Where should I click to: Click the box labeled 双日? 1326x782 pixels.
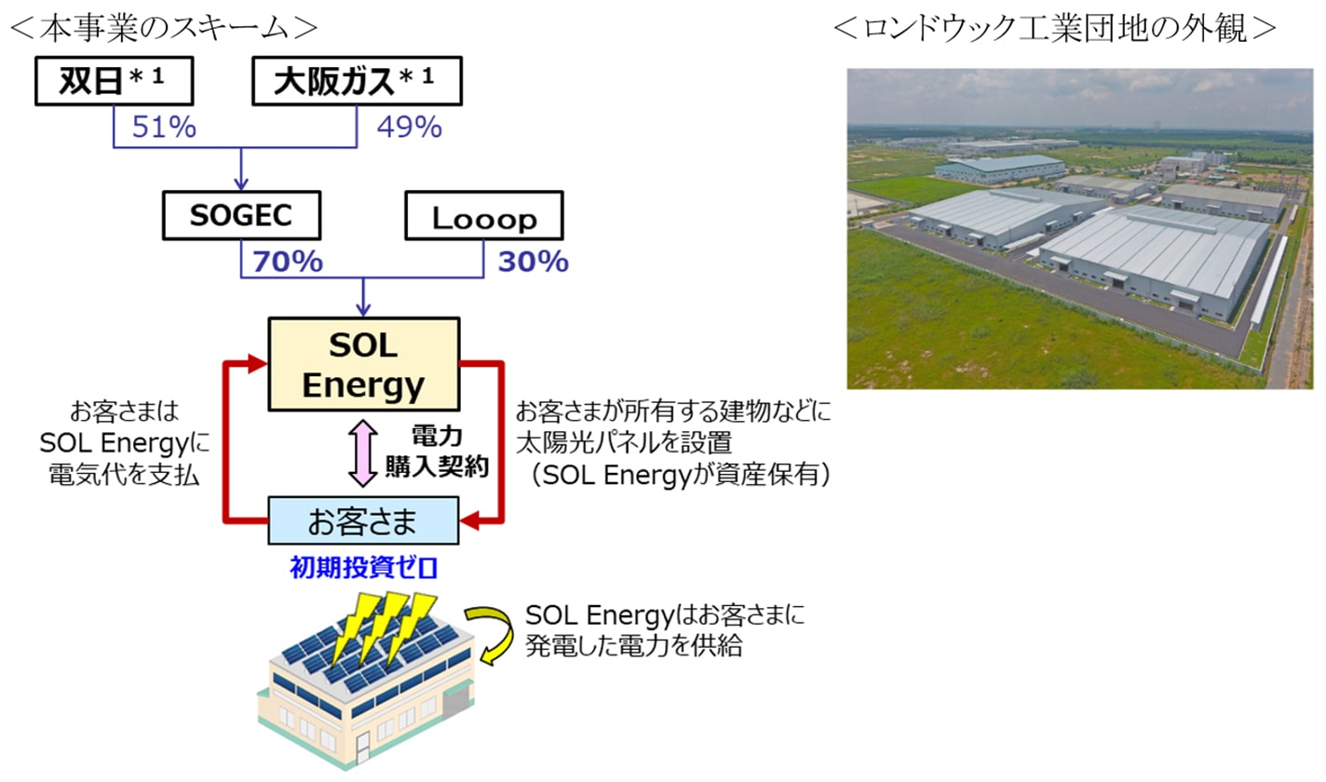click(115, 81)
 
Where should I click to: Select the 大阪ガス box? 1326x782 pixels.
click(357, 81)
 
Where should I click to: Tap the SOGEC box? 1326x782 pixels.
click(241, 215)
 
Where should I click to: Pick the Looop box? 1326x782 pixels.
click(484, 215)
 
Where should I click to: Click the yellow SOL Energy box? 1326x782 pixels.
click(364, 364)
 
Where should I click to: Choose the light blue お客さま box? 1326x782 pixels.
click(363, 520)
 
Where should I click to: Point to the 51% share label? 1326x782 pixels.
click(164, 128)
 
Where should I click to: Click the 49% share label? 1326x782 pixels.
click(410, 128)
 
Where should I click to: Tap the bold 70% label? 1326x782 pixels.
click(288, 262)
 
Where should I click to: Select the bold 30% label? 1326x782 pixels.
click(534, 262)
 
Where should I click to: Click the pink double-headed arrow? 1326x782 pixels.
click(363, 452)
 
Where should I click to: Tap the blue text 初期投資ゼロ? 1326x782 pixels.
click(363, 568)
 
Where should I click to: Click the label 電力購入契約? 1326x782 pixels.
click(437, 452)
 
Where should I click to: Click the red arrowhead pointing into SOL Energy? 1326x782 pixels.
click(258, 363)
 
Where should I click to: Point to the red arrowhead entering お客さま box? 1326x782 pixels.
click(469, 521)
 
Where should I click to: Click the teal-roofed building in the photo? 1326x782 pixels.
click(1000, 169)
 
